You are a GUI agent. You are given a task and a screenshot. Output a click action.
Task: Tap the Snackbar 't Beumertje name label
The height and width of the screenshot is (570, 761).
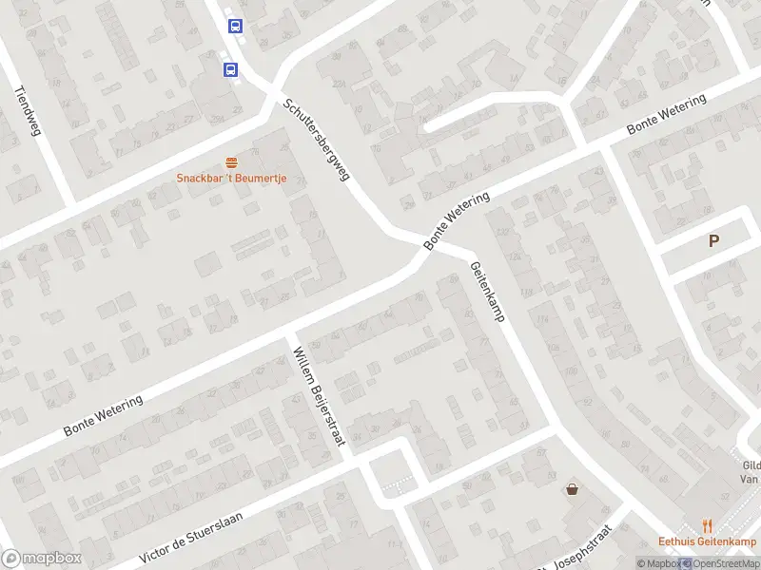(231, 179)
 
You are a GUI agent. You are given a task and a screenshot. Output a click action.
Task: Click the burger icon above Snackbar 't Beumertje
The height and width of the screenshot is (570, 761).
(231, 162)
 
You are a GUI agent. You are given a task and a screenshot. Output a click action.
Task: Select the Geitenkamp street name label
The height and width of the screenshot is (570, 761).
(485, 292)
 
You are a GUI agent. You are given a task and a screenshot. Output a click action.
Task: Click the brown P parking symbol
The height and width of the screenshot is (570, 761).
(713, 241)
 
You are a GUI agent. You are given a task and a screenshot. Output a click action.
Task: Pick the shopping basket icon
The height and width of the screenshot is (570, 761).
(573, 489)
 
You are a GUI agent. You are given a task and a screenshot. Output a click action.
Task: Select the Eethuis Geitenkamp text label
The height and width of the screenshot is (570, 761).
(707, 542)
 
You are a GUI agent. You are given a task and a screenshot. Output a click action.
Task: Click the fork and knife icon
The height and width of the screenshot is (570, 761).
(707, 525)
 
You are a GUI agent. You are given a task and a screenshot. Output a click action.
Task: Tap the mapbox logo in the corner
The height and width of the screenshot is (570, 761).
(41, 559)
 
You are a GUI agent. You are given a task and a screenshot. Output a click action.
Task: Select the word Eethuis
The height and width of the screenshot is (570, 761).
(677, 542)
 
